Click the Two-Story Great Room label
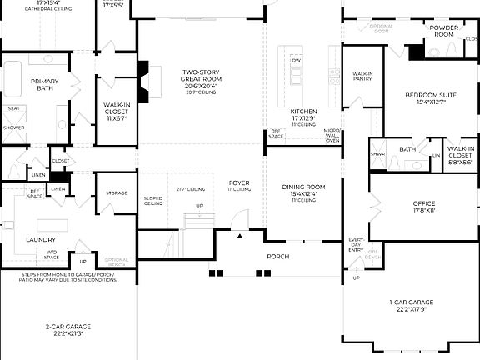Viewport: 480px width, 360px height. pyautogui.click(x=200, y=76)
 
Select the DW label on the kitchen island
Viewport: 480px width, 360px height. pyautogui.click(x=296, y=61)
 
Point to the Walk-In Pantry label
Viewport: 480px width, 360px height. pyautogui.click(x=362, y=76)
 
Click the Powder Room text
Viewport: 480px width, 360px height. pyautogui.click(x=442, y=31)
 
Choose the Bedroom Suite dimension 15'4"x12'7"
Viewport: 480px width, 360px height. pyautogui.click(x=425, y=102)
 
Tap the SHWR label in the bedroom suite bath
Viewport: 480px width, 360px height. pyautogui.click(x=377, y=153)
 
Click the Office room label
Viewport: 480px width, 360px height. pyautogui.click(x=424, y=203)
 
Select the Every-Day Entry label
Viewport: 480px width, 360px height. pyautogui.click(x=357, y=245)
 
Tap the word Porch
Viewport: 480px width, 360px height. pyautogui.click(x=277, y=257)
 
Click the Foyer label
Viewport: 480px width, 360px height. pyautogui.click(x=240, y=183)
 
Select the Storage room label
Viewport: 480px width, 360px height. pyautogui.click(x=117, y=193)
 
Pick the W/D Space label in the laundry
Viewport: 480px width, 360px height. pyautogui.click(x=52, y=253)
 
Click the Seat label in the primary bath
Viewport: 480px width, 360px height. pyautogui.click(x=13, y=108)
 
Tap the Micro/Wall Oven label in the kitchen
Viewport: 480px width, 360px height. pyautogui.click(x=332, y=136)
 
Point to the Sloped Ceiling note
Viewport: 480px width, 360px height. pyautogui.click(x=153, y=201)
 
